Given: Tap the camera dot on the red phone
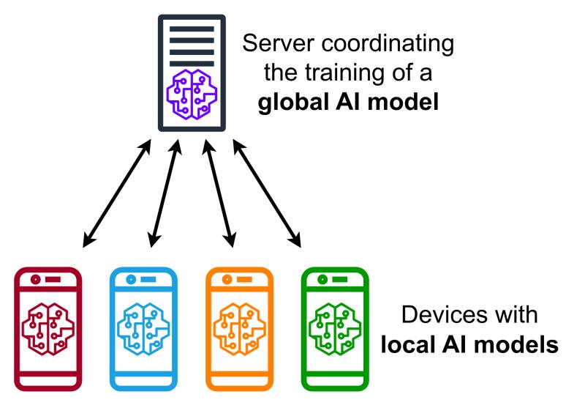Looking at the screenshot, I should coord(35,280).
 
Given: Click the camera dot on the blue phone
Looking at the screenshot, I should coord(131,280).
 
